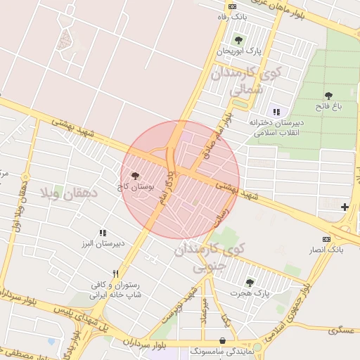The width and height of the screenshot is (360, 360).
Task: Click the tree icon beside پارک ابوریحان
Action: click(238, 40)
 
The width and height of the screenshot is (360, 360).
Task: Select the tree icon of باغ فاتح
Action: click(328, 96)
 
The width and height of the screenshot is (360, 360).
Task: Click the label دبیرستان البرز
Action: click(101, 243)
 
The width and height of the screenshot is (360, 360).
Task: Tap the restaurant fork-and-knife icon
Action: click(115, 274)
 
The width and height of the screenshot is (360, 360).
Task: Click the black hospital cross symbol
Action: click(345, 207)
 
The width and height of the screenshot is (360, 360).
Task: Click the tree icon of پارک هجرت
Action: click(250, 282)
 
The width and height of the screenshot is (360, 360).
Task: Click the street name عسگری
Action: click(344, 329)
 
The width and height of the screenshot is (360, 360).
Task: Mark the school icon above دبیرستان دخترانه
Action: click(276, 112)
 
